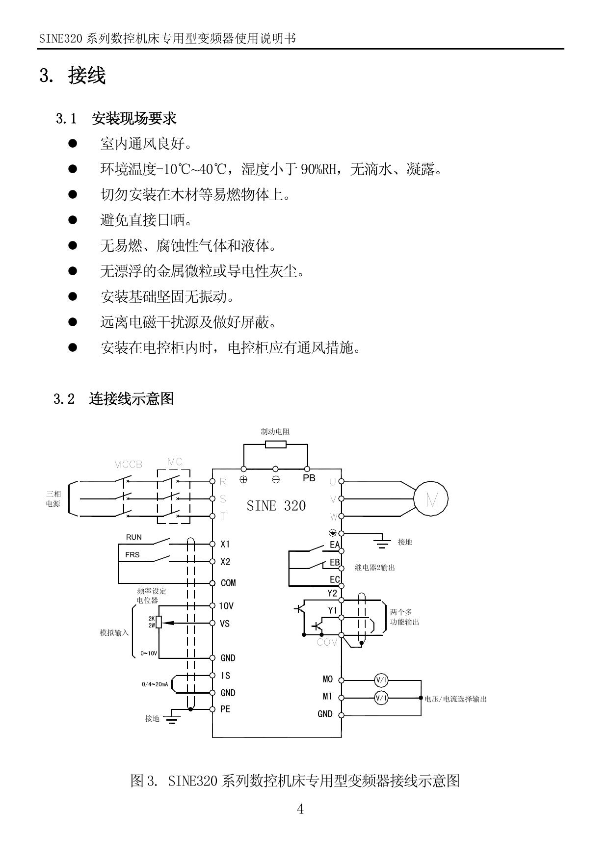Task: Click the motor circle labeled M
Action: [x=431, y=499]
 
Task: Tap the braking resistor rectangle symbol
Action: [x=275, y=444]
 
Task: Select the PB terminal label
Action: [x=309, y=478]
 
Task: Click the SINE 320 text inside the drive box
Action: [x=276, y=506]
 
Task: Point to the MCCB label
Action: [x=128, y=465]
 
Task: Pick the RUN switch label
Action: [x=133, y=537]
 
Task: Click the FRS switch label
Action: [x=132, y=555]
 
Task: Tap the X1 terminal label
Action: [x=225, y=544]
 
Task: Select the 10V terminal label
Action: [x=226, y=606]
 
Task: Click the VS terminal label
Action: [x=225, y=624]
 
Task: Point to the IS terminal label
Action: [x=225, y=676]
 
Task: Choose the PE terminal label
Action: [x=225, y=709]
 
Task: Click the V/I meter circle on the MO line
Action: [x=381, y=680]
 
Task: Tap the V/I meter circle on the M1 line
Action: [x=381, y=698]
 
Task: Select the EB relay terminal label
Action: [x=335, y=562]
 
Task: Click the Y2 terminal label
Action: [x=332, y=593]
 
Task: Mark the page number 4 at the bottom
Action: [x=300, y=809]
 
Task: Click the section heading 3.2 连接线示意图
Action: [x=113, y=399]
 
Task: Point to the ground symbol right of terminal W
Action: [x=382, y=542]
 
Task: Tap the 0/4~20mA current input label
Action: [x=155, y=684]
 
